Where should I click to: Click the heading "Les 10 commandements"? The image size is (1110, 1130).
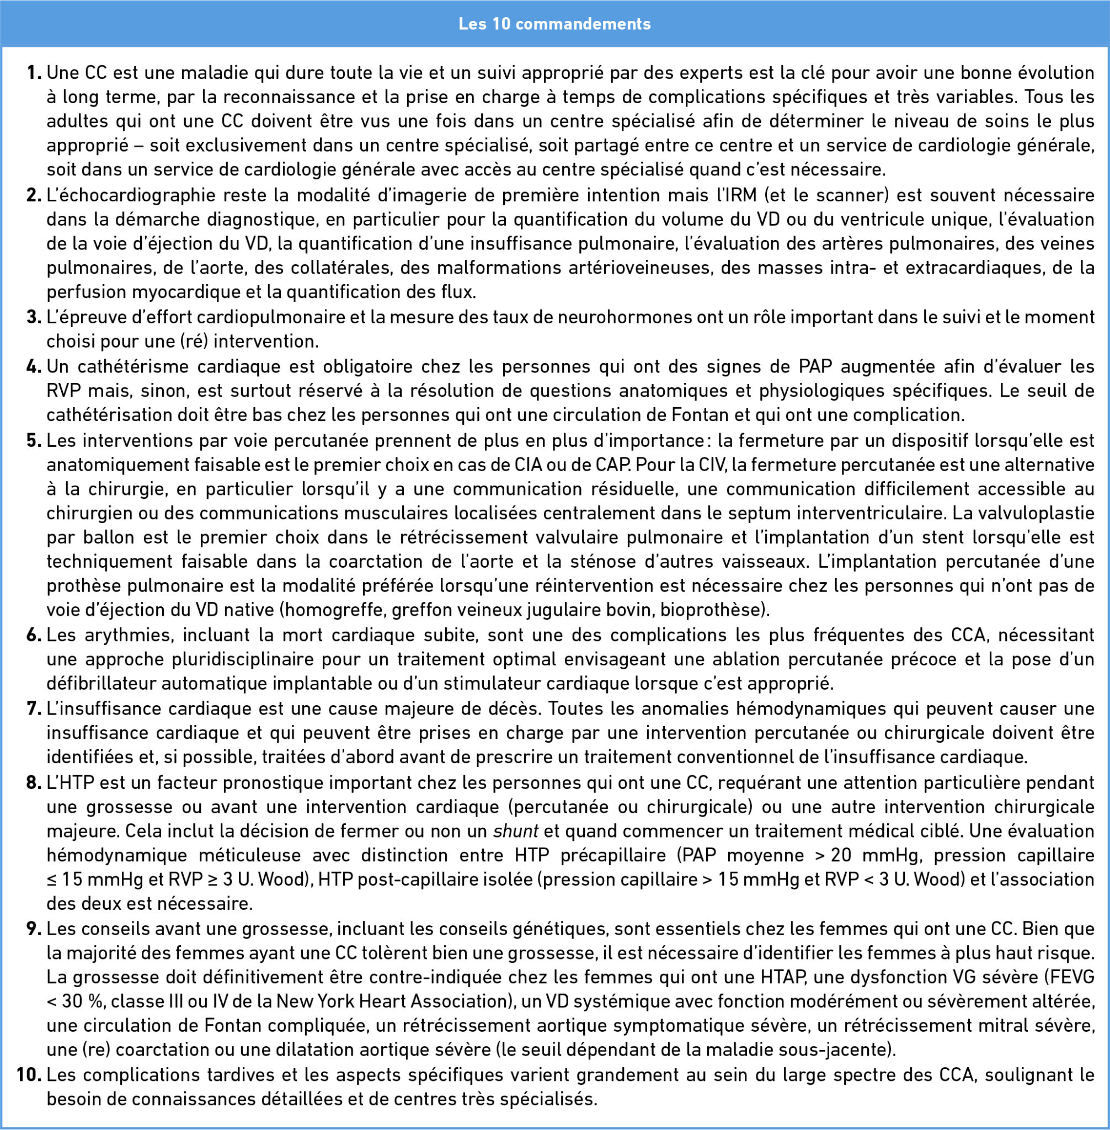554,24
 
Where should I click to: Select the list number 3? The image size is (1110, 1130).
33,317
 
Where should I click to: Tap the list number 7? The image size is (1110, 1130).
33,708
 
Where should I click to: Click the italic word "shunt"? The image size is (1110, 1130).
515,831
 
